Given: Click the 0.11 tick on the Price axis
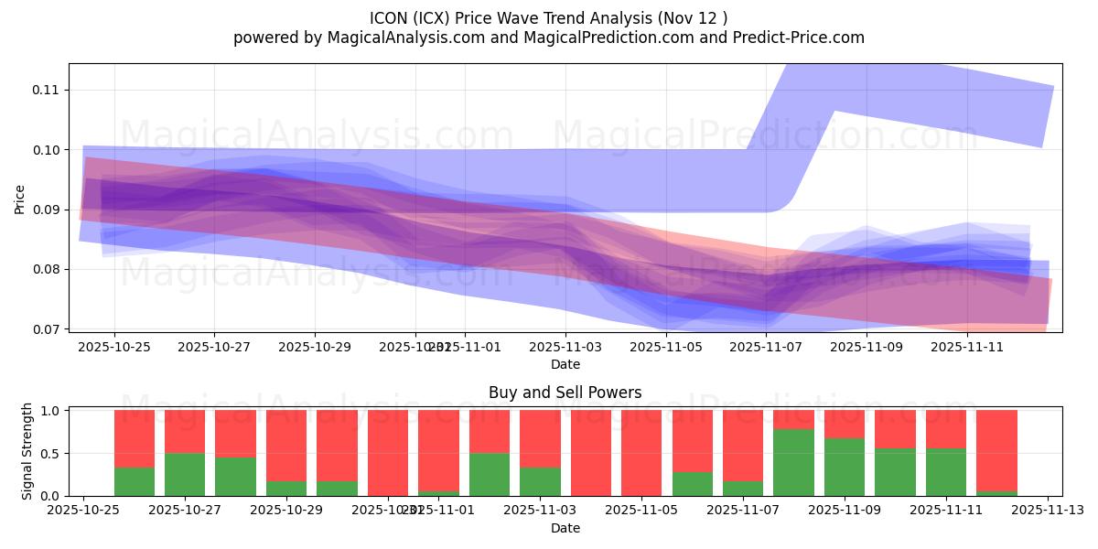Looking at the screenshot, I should (x=46, y=90).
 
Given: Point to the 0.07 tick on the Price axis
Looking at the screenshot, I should (x=46, y=329).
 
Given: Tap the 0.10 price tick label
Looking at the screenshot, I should (x=46, y=150).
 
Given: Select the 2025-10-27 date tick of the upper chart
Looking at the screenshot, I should (x=214, y=347).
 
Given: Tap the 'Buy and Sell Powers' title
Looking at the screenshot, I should (x=565, y=393).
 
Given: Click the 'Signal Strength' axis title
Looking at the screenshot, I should (x=27, y=451).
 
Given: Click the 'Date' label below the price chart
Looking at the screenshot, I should (x=565, y=364).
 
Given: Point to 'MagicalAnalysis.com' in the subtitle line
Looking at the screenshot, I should (x=409, y=38).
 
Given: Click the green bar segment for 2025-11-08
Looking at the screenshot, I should (x=793, y=462).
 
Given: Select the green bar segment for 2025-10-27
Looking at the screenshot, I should (x=185, y=474).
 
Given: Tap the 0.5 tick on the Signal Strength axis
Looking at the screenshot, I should (x=53, y=453).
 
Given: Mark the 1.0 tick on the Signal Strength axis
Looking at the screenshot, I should (x=53, y=411).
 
